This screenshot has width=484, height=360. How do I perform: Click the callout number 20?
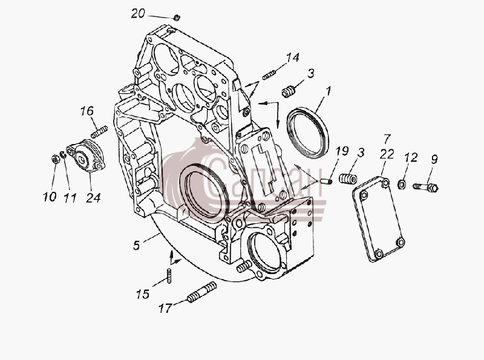(x=138, y=13)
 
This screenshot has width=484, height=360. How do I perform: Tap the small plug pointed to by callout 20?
(x=177, y=18)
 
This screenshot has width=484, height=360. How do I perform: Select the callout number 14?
(x=293, y=57)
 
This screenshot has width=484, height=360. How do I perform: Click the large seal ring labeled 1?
(x=307, y=133)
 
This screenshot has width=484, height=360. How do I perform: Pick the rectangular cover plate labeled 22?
(x=379, y=218)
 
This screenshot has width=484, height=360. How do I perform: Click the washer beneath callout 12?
(x=402, y=185)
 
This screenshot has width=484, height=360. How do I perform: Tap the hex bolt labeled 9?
(x=426, y=187)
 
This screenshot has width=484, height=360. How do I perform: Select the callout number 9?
(x=434, y=159)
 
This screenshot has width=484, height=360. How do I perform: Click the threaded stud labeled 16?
(x=99, y=132)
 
